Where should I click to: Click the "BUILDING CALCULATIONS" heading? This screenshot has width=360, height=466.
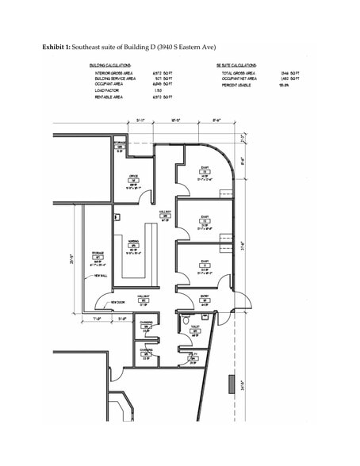pos(114,65)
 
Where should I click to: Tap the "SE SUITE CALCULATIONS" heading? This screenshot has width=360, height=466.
pos(236,65)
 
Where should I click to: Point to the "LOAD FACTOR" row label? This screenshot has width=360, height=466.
pos(108,90)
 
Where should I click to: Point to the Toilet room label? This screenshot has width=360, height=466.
pos(194,326)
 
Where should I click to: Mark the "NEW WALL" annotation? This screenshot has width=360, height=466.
pos(101,276)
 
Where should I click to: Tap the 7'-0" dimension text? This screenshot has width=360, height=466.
pos(98,319)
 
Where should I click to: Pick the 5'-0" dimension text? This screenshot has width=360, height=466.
pos(121,319)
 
